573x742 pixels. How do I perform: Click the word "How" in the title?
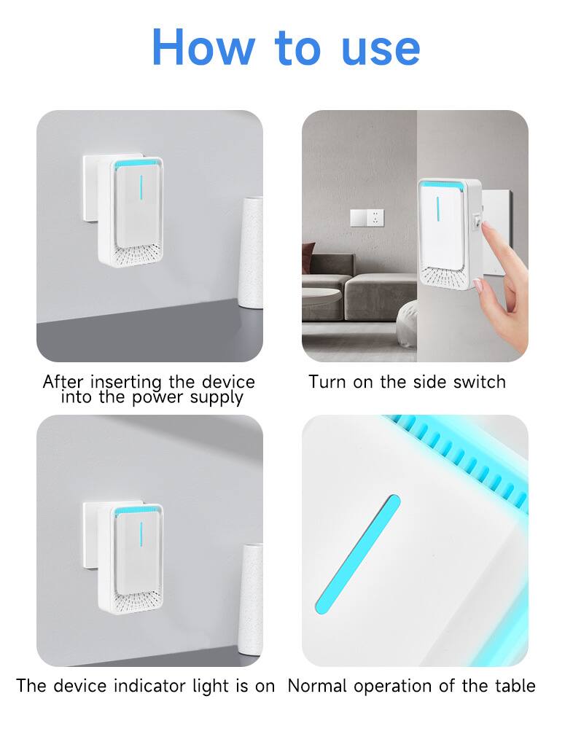[x=203, y=47]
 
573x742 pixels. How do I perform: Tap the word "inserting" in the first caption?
[x=129, y=382]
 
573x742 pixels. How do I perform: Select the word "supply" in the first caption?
[x=217, y=398]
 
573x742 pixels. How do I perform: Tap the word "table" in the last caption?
[x=514, y=686]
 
